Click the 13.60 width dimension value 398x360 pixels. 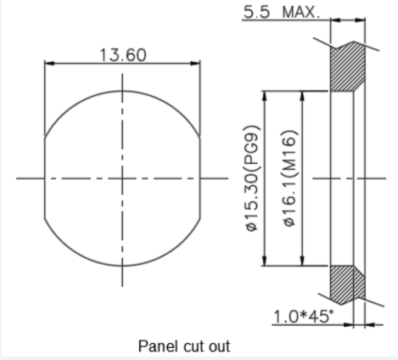(x=123, y=55)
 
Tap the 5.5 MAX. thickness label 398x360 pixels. (x=282, y=12)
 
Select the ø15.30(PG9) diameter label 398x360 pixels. (x=252, y=178)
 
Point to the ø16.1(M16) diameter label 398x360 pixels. (x=290, y=178)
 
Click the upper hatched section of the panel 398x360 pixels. (x=347, y=67)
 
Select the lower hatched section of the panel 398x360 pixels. (x=347, y=284)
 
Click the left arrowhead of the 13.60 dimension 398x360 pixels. (x=49, y=64)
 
